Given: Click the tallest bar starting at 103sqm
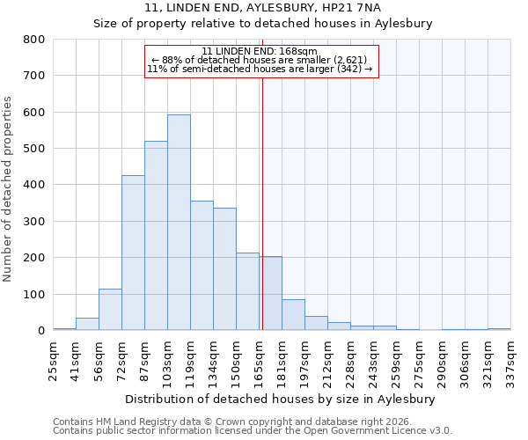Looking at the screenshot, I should pyautogui.click(x=179, y=223).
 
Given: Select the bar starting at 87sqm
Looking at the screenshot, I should pyautogui.click(x=156, y=236).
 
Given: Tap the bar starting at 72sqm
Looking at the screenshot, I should pyautogui.click(x=133, y=253).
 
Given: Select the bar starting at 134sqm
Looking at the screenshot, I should pyautogui.click(x=224, y=269).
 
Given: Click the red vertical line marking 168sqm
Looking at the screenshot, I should pyautogui.click(x=262, y=202).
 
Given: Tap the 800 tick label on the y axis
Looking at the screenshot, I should pyautogui.click(x=34, y=40).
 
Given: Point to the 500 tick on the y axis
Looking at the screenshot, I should pyautogui.click(x=34, y=149).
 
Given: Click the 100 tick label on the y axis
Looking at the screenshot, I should pyautogui.click(x=34, y=295).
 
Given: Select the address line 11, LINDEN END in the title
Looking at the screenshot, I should pyautogui.click(x=263, y=8).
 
